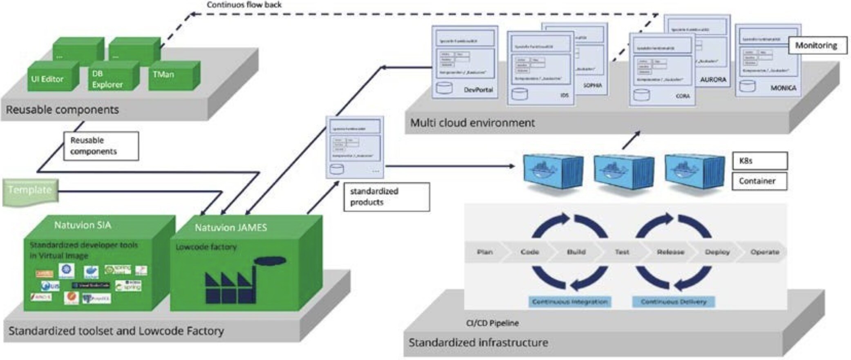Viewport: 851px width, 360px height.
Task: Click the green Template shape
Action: click(30, 190)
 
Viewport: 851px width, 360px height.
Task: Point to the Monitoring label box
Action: click(816, 45)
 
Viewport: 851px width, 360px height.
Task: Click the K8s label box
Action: click(759, 161)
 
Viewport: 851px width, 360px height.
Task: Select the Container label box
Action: click(759, 181)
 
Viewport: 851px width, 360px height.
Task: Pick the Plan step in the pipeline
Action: click(485, 252)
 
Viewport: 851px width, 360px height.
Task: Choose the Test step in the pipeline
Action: click(622, 252)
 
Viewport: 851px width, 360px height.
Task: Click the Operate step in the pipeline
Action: click(764, 252)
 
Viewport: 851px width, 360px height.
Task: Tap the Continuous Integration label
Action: click(570, 302)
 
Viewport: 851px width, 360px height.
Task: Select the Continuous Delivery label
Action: click(673, 302)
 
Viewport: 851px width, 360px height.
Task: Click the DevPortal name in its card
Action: click(478, 90)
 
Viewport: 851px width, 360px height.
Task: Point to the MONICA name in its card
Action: click(783, 88)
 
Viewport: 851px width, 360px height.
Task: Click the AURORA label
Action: click(713, 80)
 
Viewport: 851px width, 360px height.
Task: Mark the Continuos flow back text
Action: click(244, 5)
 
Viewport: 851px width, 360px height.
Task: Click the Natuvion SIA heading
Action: click(83, 225)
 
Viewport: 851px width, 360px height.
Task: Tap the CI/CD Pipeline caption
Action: click(492, 323)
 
